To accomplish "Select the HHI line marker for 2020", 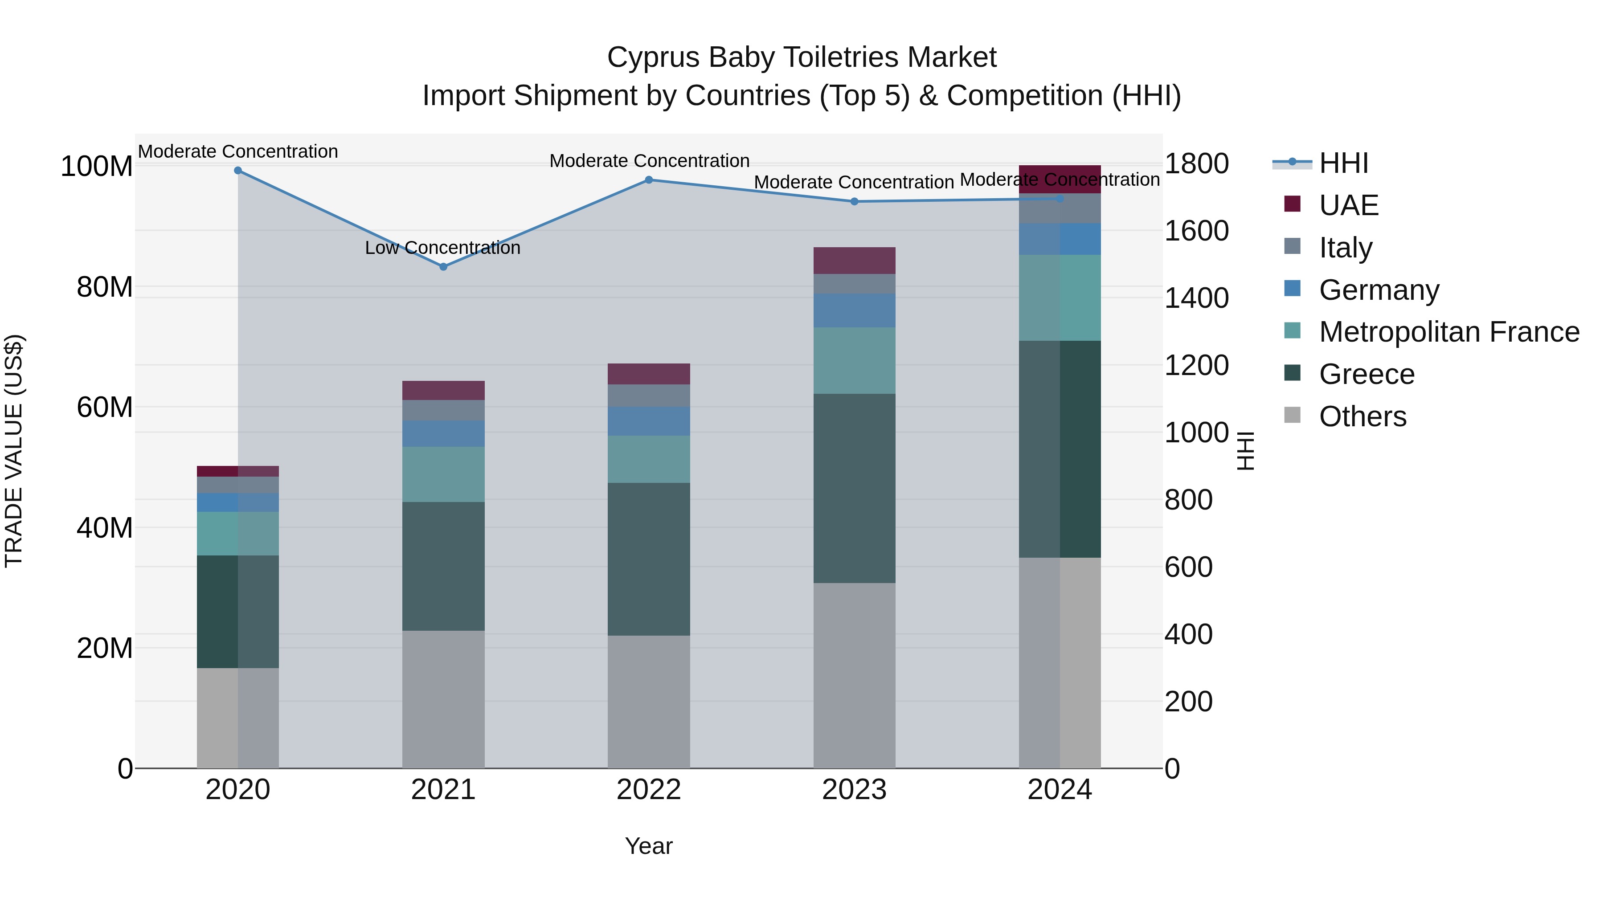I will click(x=238, y=171).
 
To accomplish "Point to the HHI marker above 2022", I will click(x=649, y=180).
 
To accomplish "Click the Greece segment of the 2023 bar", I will click(x=854, y=488).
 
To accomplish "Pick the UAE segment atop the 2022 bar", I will click(x=649, y=374).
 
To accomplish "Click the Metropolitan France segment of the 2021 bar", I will click(x=443, y=474).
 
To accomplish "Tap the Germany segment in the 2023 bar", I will click(x=854, y=310).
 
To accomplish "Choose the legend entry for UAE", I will click(x=1349, y=205).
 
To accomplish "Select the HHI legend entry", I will click(x=1343, y=163).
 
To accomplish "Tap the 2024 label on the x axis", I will click(x=1060, y=790).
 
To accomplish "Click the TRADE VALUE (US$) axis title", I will click(x=14, y=451).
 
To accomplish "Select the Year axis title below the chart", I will click(x=649, y=846).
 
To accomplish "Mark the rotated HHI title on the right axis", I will click(x=1245, y=451).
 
